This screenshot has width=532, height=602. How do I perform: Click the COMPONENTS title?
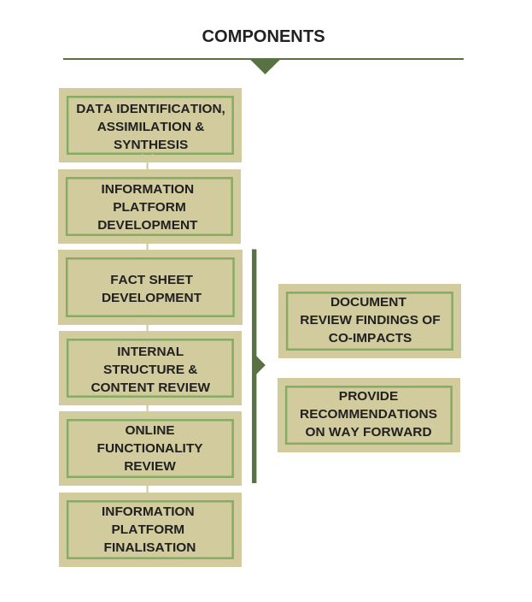click(263, 37)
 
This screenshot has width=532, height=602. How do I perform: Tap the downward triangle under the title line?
click(265, 66)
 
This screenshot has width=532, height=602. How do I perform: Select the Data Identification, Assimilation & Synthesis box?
click(150, 125)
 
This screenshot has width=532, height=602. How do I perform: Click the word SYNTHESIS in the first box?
click(150, 145)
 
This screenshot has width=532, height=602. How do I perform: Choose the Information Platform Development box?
click(149, 206)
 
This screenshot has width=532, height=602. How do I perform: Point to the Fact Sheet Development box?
click(150, 288)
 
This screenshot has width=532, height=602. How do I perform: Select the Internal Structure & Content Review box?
click(150, 369)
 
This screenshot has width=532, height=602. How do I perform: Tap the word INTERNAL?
click(150, 351)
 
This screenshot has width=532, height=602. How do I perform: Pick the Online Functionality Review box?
click(150, 448)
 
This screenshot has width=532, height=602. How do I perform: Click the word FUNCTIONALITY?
click(150, 448)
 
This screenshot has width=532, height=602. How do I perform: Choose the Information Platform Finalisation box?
click(150, 529)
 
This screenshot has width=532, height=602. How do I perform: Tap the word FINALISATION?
click(150, 547)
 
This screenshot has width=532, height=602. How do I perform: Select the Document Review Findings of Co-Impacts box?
click(369, 320)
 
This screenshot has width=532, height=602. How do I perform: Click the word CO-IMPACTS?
click(370, 338)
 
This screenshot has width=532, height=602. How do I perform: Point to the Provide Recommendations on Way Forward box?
click(369, 415)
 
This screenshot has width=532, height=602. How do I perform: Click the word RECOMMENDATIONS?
click(369, 414)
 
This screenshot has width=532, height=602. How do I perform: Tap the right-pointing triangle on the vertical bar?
click(260, 366)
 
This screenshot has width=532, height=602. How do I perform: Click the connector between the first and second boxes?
click(147, 166)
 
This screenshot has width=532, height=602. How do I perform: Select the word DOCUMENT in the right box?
click(369, 302)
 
